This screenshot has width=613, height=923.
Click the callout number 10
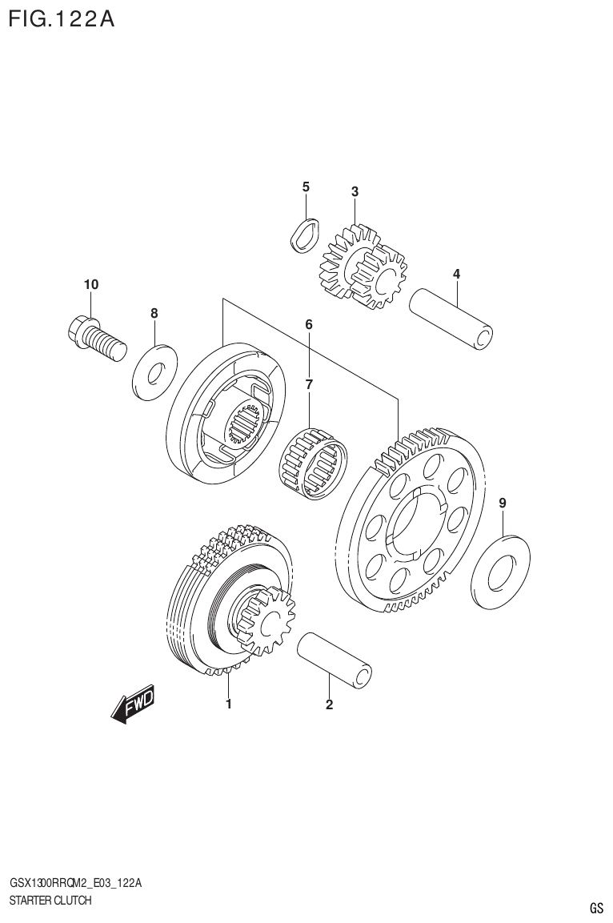click(91, 285)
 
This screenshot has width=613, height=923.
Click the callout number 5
click(306, 187)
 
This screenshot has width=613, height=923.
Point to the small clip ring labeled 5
click(303, 235)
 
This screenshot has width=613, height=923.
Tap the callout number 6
click(308, 324)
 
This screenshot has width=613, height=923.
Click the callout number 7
click(308, 385)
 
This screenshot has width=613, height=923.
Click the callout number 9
click(502, 504)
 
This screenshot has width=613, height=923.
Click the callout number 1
click(229, 704)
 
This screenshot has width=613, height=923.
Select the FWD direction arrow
click(132, 704)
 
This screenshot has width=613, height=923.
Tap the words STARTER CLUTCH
click(50, 901)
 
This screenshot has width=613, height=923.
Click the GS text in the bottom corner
click(596, 908)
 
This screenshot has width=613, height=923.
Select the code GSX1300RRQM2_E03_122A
click(76, 883)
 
